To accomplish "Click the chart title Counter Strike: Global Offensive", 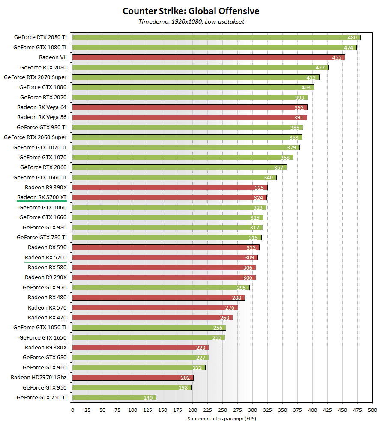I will (191, 11).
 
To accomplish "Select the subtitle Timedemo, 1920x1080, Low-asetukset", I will (191, 21).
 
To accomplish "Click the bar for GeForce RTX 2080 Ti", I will (216, 37).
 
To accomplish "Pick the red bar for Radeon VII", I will (209, 57).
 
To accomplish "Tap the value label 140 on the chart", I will (148, 398).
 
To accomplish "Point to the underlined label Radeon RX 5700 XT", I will (42, 197).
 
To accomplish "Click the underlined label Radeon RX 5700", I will (46, 257).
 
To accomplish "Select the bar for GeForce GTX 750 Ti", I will (114, 398).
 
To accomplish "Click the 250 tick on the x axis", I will (223, 410).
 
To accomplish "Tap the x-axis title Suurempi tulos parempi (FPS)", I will (221, 419).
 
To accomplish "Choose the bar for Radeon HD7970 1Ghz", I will (133, 378).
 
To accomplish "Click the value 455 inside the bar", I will (337, 57).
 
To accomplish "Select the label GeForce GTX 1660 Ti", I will (40, 177).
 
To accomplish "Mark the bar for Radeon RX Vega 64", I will (190, 107).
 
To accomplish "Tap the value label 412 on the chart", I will (311, 77).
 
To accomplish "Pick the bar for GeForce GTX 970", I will (161, 287).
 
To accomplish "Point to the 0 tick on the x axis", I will (72, 410).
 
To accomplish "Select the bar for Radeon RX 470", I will (153, 317).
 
